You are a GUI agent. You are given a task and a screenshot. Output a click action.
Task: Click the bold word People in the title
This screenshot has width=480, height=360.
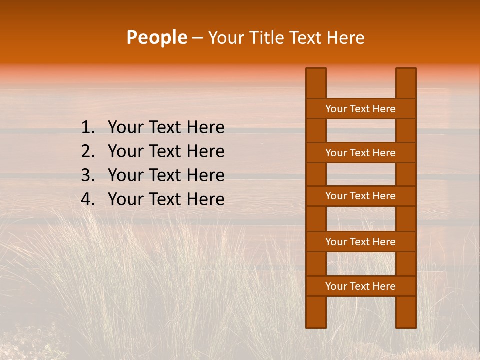pos(156,37)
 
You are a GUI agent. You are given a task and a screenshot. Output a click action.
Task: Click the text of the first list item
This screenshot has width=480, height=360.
pos(166,128)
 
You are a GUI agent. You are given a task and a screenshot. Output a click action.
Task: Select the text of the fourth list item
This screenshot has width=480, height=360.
pos(166,199)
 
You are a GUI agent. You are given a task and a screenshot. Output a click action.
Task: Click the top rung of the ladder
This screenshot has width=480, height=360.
pos(360,109)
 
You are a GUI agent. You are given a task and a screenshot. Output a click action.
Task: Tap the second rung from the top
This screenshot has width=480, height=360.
pos(360,153)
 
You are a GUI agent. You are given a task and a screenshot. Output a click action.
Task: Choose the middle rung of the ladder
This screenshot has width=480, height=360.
pos(360,196)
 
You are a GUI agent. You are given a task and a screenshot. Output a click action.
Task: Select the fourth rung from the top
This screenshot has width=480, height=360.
pos(360,242)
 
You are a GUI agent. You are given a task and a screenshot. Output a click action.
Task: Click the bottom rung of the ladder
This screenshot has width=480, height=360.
pos(360,286)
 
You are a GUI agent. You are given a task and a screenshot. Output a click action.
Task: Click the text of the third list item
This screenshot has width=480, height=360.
pos(166,175)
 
